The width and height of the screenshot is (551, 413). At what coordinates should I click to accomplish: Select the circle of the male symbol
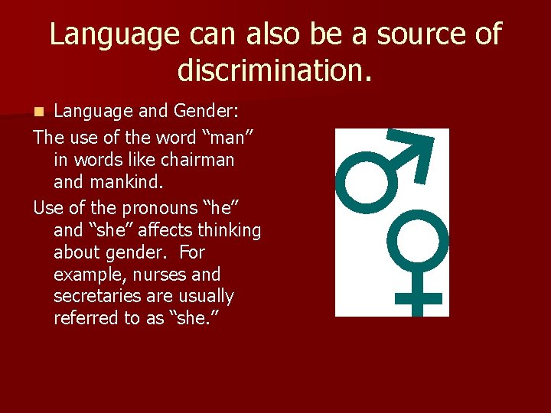(x=366, y=183)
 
